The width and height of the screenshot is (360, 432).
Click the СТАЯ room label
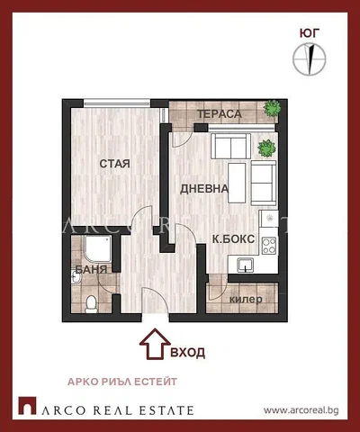tap(114, 164)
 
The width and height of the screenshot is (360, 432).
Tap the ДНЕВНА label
tap(204, 189)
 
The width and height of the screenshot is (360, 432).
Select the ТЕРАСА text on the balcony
tap(220, 114)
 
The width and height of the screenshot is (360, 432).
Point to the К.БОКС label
tap(233, 239)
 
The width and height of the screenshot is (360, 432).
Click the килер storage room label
tap(246, 299)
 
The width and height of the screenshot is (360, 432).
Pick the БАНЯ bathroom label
tap(91, 269)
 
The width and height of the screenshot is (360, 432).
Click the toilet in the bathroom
tap(90, 303)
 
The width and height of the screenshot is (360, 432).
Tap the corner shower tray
tap(98, 251)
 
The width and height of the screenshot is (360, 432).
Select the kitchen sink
tap(246, 265)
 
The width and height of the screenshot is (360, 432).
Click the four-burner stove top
tap(269, 246)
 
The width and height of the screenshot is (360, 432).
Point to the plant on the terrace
tap(273, 108)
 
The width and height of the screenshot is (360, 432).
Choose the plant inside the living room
tap(267, 148)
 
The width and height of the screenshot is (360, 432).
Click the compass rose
tap(309, 58)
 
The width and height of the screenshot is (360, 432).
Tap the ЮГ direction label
tap(309, 33)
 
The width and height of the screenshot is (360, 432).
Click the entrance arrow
tap(155, 344)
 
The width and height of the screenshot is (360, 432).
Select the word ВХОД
tap(188, 352)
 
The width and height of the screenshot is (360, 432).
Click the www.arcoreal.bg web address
tap(301, 410)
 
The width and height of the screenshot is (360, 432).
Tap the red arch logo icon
tap(27, 406)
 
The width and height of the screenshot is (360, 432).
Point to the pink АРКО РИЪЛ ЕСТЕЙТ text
tap(122, 382)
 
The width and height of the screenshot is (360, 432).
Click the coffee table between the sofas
tap(237, 183)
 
